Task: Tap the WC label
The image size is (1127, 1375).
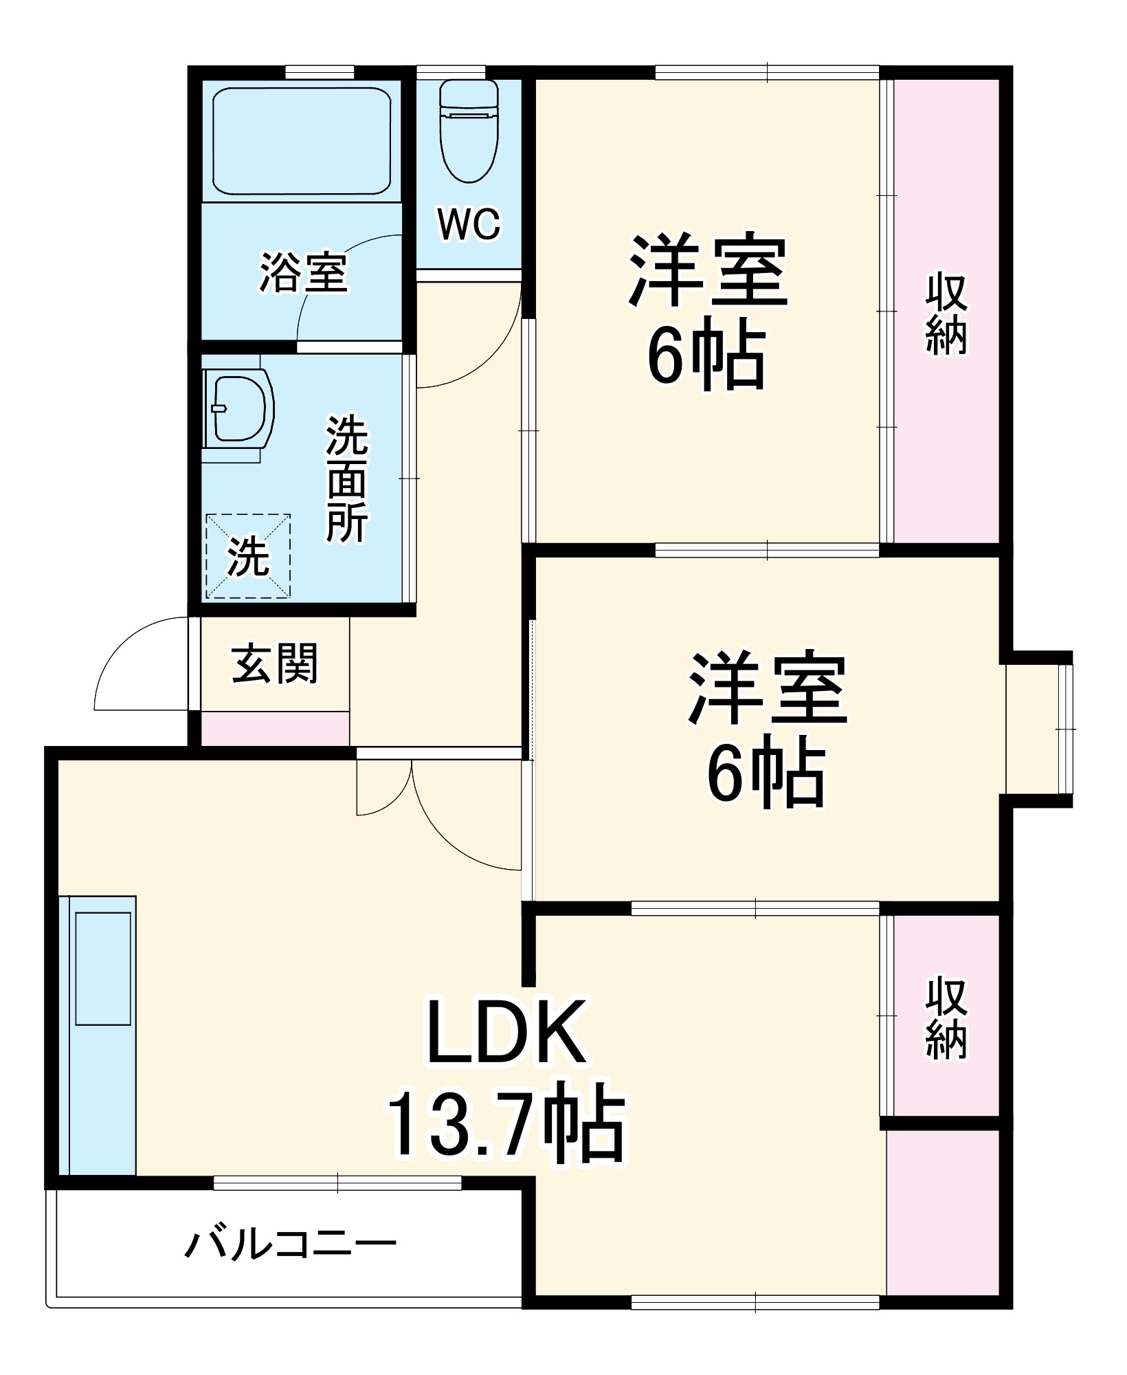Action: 469,223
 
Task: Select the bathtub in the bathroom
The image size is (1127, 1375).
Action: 302,141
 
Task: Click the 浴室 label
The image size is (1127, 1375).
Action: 303,273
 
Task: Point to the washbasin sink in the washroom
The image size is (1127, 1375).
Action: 238,410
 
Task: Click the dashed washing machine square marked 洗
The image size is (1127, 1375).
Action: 248,556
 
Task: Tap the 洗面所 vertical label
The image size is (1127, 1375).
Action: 347,479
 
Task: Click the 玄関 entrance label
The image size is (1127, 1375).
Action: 275,663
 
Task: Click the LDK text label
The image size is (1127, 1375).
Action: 506,1031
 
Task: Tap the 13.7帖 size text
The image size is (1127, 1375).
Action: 506,1131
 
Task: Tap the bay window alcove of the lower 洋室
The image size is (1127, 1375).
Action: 1036,729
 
